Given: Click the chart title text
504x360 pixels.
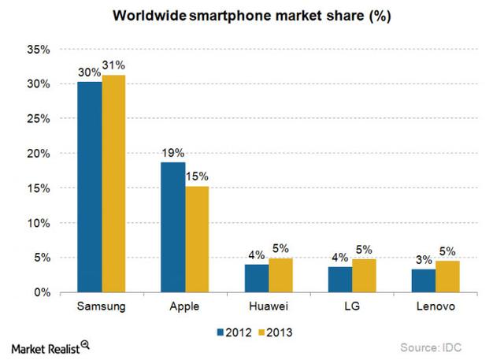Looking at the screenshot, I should tap(252, 14).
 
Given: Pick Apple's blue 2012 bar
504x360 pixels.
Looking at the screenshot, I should tap(172, 228).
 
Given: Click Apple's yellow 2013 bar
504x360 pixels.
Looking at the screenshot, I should tap(197, 239).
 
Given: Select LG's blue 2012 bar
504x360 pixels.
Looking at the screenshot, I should tap(339, 280).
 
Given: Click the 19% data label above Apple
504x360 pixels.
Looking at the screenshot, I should tap(173, 154).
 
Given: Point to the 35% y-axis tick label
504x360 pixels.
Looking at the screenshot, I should tap(38, 50).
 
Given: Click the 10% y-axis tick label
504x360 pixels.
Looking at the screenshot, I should tap(38, 223).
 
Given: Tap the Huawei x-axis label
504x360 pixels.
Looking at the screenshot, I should tap(268, 306).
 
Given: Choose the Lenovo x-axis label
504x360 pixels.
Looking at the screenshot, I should tap(435, 306).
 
